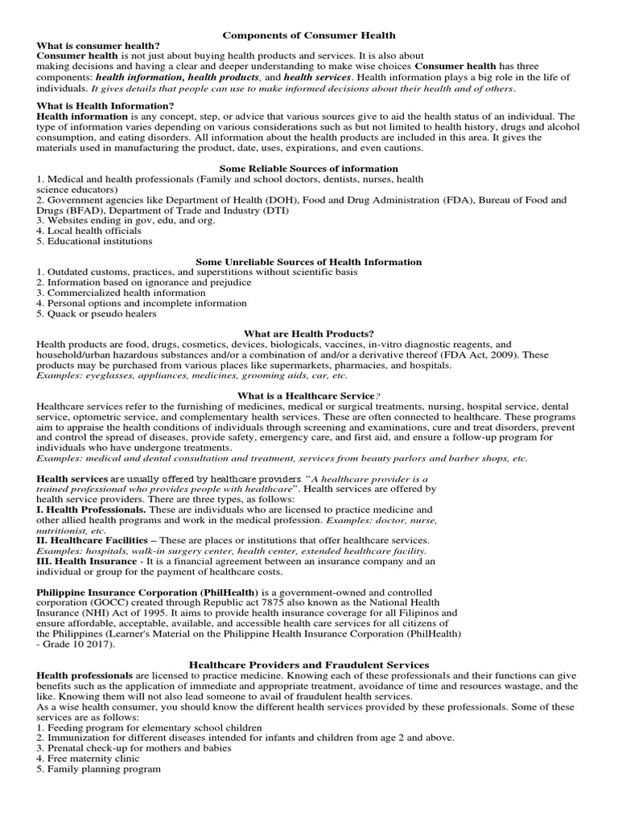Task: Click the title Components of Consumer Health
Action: tap(309, 35)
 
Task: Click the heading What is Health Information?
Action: tap(105, 106)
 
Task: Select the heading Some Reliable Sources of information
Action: tap(309, 169)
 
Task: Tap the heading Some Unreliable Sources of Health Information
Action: tap(309, 262)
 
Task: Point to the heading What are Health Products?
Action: tap(309, 334)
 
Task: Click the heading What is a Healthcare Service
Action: tap(306, 395)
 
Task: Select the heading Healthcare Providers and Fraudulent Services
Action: tap(309, 665)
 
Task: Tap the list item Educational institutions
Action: tap(94, 241)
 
